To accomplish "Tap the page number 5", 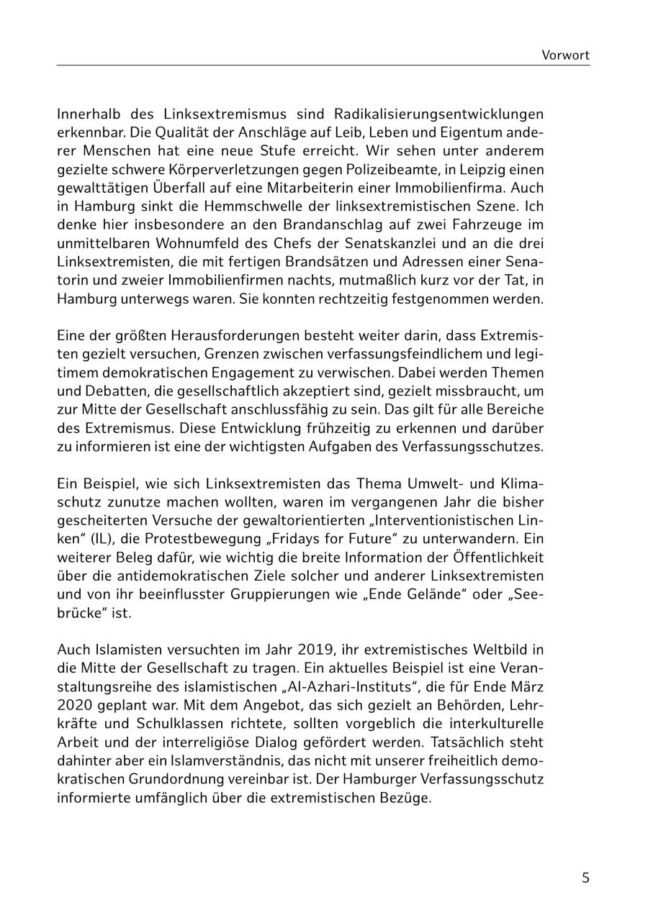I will point(585,878).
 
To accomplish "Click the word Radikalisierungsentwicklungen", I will point(439,114).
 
